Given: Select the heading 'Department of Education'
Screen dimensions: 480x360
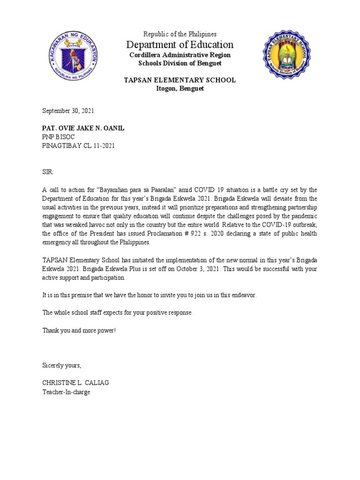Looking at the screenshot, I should click(180, 45).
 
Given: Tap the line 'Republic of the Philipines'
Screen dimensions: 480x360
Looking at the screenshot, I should click(180, 34).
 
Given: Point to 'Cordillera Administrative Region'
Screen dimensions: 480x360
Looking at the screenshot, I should click(180, 55).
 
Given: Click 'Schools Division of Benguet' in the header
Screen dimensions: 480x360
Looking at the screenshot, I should click(180, 63).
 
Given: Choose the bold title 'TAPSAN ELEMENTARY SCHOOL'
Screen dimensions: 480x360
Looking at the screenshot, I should click(180, 80).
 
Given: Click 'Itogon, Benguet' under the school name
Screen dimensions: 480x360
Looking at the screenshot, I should click(180, 89).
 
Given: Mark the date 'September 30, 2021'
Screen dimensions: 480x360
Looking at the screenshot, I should click(68, 111).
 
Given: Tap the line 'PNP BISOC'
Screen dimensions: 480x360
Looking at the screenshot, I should click(59, 137).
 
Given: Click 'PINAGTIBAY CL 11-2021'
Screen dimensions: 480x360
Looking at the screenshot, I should click(79, 145).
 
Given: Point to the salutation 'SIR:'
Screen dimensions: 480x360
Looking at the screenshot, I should click(49, 172).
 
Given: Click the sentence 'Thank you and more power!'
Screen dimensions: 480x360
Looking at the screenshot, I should click(79, 330).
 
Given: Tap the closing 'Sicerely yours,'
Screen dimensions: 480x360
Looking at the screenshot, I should click(62, 365).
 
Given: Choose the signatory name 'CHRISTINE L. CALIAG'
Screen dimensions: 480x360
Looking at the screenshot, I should click(75, 383).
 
